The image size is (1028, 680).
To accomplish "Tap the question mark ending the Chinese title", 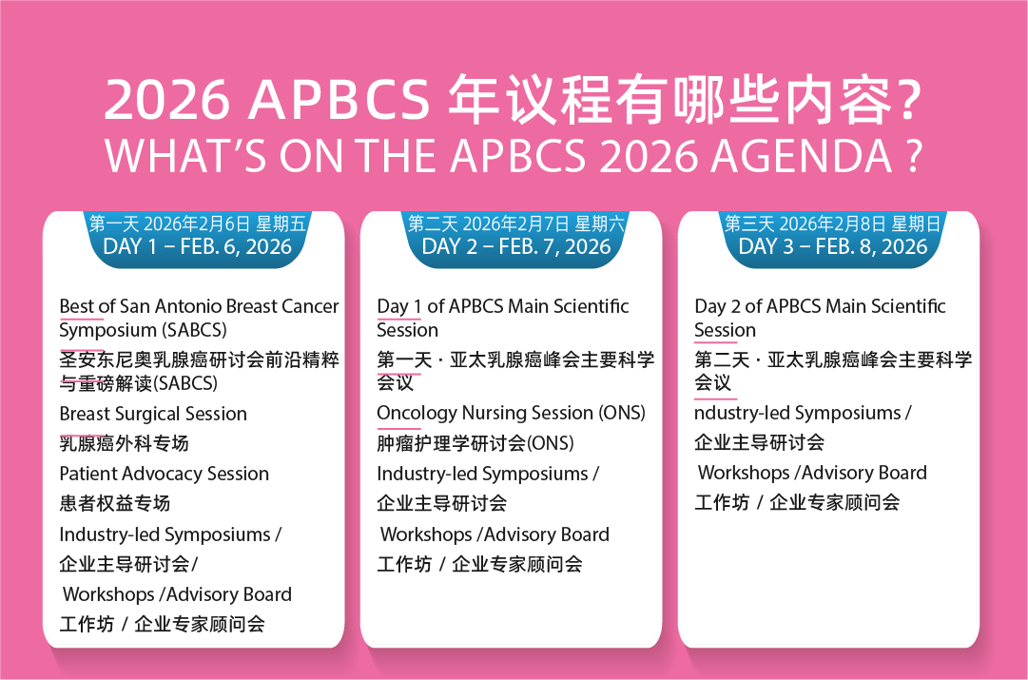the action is pyautogui.click(x=910, y=100).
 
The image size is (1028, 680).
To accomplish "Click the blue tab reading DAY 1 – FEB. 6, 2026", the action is pyautogui.click(x=198, y=240).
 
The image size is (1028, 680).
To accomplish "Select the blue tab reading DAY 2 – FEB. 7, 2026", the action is pyautogui.click(x=516, y=240).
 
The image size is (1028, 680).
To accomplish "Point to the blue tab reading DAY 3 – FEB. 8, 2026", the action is pyautogui.click(x=833, y=240).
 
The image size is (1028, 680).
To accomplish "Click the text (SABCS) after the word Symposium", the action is pyautogui.click(x=195, y=330).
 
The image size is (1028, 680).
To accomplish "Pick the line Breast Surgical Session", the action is pyautogui.click(x=153, y=414).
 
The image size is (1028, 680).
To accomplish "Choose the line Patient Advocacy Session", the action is pyautogui.click(x=165, y=474).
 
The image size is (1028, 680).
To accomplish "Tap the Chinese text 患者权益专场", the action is pyautogui.click(x=115, y=503).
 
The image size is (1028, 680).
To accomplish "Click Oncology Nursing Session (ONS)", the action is pyautogui.click(x=512, y=413).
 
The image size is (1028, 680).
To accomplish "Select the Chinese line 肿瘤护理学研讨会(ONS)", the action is pyautogui.click(x=475, y=443).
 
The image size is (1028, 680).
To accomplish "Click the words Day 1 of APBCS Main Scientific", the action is pyautogui.click(x=503, y=306).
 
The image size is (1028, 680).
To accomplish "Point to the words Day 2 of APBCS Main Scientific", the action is pyautogui.click(x=820, y=306).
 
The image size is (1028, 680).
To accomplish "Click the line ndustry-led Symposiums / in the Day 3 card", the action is pyautogui.click(x=804, y=413).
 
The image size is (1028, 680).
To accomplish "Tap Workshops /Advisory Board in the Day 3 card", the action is pyautogui.click(x=812, y=473).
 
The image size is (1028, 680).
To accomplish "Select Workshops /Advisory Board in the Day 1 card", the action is pyautogui.click(x=177, y=594).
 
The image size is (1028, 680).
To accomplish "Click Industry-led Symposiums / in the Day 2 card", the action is pyautogui.click(x=488, y=474).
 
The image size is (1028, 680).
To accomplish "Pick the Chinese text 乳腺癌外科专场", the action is pyautogui.click(x=124, y=443).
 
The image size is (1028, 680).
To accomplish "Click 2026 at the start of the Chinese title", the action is pyautogui.click(x=167, y=100).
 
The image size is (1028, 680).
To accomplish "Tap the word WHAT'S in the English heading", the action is pyautogui.click(x=186, y=156).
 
